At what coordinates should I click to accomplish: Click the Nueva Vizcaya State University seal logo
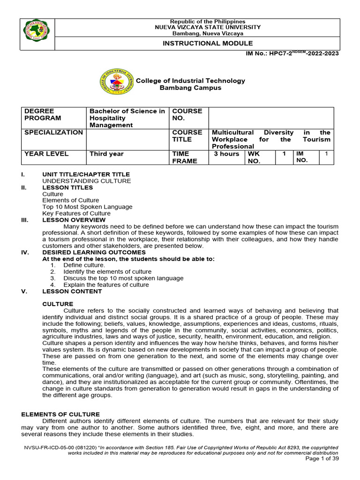[x=37, y=34]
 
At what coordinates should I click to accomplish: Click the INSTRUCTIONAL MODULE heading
[x=197, y=43]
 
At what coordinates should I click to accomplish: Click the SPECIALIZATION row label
[x=53, y=133]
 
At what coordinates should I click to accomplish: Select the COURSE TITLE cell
[x=187, y=136]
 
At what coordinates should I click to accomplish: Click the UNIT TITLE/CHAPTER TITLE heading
[x=86, y=174]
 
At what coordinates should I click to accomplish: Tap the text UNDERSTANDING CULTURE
[x=87, y=181]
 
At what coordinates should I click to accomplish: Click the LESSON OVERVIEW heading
[x=74, y=220]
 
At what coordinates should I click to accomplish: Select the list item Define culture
[x=84, y=265]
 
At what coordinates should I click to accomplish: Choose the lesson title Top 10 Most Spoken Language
[x=87, y=207]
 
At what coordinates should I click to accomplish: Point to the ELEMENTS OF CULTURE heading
[x=60, y=414]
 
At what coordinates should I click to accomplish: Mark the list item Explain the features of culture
[x=106, y=285]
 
